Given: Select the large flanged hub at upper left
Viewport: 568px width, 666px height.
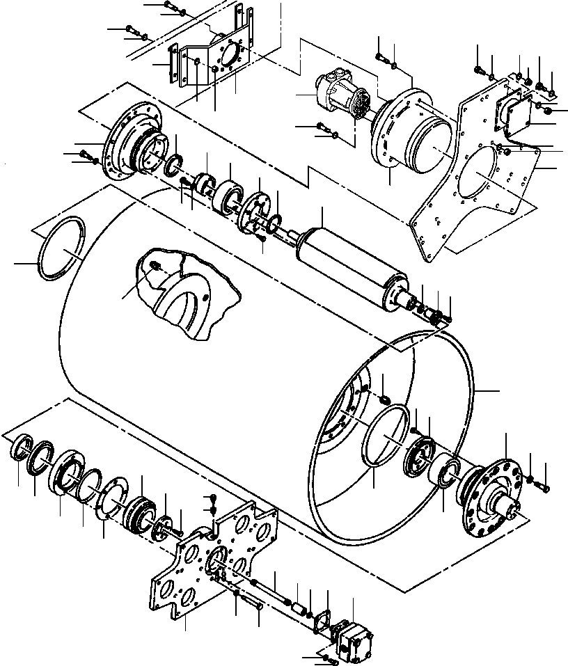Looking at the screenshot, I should click(132, 146).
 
